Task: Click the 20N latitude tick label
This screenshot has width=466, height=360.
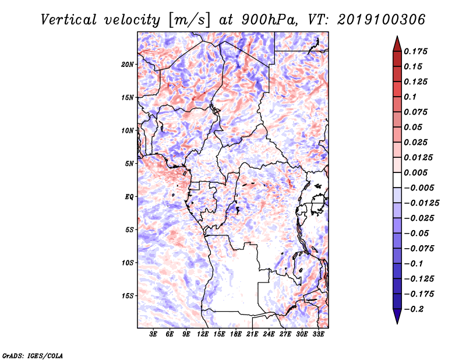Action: pos(127,64)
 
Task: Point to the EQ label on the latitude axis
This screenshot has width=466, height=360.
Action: pos(129,197)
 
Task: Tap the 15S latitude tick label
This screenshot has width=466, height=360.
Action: pos(128,296)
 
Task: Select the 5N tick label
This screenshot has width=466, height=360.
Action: pos(129,164)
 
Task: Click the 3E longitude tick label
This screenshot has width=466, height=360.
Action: pos(153,334)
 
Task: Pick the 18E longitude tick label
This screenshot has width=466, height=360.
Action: pos(236,334)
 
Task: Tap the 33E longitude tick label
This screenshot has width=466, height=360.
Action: pos(318,334)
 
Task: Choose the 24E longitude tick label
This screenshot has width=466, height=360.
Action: pos(269,334)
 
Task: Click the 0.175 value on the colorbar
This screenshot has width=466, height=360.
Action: pos(415,51)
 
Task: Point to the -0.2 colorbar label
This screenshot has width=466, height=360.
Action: pos(414,309)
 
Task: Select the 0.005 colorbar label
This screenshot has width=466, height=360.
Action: pos(415,172)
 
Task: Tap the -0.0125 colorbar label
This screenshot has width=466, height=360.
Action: pos(421,203)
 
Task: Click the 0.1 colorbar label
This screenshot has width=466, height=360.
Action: pos(410,97)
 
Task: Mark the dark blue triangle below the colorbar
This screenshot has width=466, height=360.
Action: pos(397,316)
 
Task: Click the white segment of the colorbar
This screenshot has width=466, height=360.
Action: pos(397,180)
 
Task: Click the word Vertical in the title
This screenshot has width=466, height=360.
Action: pos(69,20)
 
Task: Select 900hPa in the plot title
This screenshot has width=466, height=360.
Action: pos(269,20)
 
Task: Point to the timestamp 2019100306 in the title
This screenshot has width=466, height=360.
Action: pos(381,20)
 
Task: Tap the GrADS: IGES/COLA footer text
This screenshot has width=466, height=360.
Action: pos(33,355)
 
